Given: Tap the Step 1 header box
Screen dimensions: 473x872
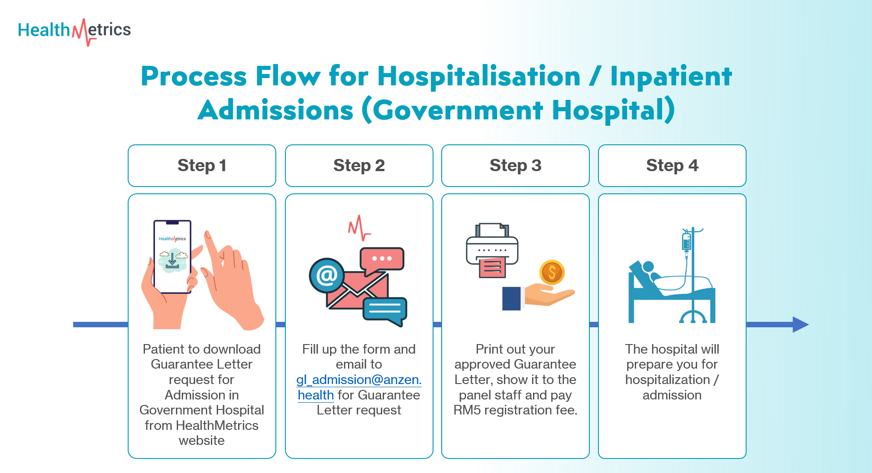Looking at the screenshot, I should click(x=202, y=166).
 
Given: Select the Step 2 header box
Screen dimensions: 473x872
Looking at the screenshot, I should click(x=359, y=166).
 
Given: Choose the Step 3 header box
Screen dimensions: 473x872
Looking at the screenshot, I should click(x=515, y=166).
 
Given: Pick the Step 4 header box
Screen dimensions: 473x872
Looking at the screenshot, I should click(x=672, y=166).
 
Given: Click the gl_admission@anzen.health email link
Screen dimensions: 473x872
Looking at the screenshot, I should click(x=359, y=380).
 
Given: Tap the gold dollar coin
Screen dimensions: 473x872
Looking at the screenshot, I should click(x=552, y=272).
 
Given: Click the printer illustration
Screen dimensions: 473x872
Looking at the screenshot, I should click(x=492, y=250).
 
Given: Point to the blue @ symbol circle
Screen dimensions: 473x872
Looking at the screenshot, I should click(x=326, y=275).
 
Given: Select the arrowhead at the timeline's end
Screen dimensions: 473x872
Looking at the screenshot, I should click(x=800, y=325).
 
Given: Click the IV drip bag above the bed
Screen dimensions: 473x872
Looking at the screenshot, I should click(x=686, y=241).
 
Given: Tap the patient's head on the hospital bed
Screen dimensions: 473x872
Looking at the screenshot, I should click(x=648, y=266).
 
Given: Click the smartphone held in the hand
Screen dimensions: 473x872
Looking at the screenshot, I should click(x=172, y=256).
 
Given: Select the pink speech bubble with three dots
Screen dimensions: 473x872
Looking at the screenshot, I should click(x=382, y=259).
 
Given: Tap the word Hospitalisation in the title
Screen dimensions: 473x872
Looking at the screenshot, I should click(x=479, y=76).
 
